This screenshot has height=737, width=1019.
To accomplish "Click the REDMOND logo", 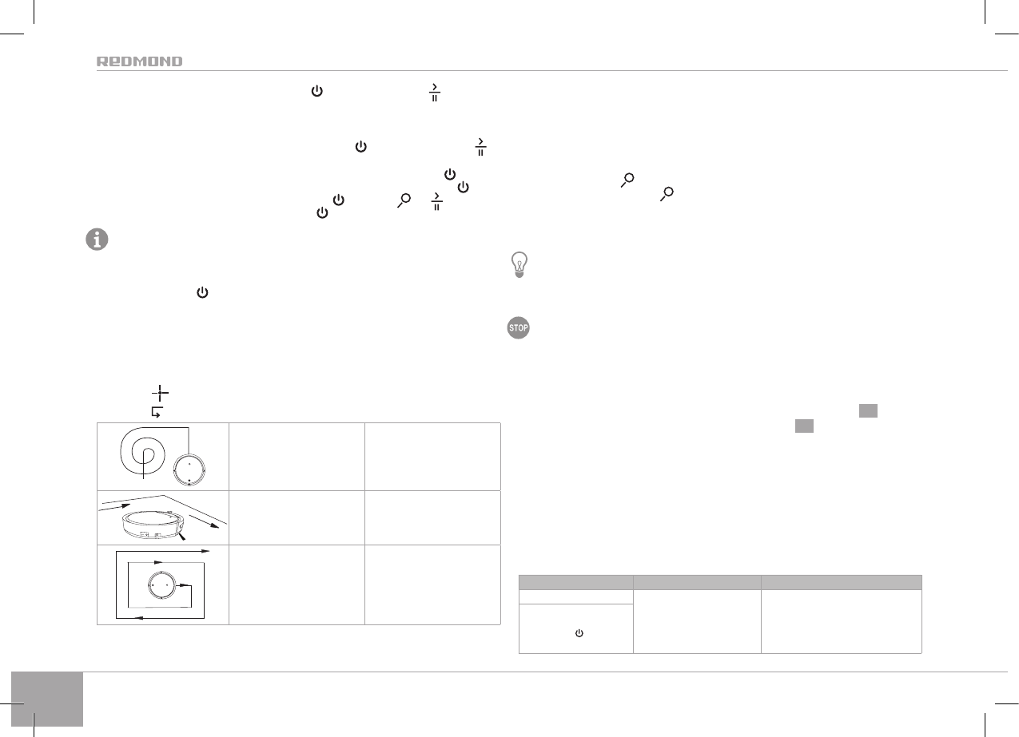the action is (139, 61).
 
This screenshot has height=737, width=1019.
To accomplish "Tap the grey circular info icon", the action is (97, 240).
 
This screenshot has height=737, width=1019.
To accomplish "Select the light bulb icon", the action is (519, 265).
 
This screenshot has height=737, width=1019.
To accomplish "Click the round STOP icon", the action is (519, 328).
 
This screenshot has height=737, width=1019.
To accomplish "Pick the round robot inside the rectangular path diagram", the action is (157, 584).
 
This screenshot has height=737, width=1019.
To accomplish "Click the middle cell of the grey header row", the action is (696, 582).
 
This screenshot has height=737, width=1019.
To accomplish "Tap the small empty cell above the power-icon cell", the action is (575, 596).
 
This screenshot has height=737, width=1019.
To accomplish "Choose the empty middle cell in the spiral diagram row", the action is (297, 457).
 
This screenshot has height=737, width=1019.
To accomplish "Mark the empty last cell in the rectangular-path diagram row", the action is (432, 584).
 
